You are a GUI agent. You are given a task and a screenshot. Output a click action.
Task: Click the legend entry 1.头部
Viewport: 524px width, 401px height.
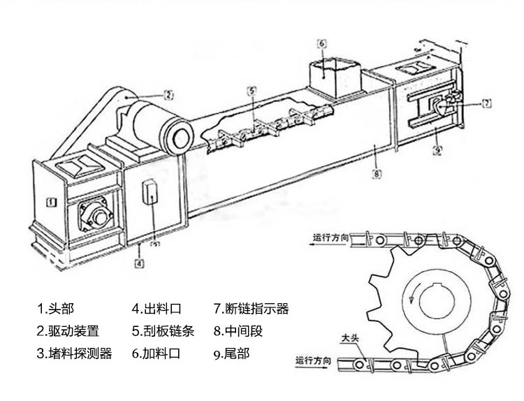tap(55, 307)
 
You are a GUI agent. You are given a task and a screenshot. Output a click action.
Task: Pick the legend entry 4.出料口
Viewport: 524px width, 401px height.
tap(157, 307)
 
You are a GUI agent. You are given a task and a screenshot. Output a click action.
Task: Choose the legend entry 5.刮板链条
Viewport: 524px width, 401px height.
tap(163, 330)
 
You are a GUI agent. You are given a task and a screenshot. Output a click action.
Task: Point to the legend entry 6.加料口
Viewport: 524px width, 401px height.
tap(157, 353)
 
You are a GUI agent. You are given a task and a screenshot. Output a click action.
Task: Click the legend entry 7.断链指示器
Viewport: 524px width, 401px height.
tap(252, 307)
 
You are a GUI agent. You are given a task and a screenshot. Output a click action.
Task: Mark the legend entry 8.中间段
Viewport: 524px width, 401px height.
tap(238, 330)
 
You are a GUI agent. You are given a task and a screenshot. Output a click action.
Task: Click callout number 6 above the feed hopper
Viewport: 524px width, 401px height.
tap(323, 44)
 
